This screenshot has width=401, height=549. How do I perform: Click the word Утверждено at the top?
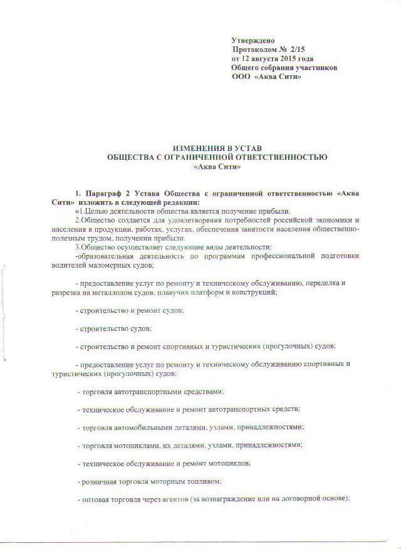[253, 39]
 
